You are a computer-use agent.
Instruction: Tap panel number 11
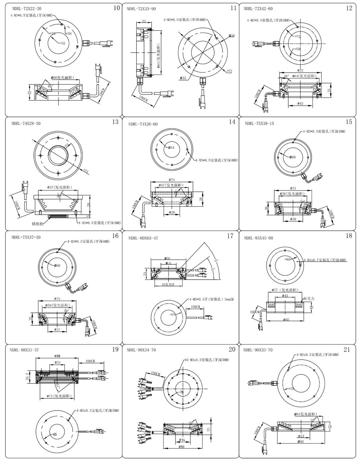point(233,8)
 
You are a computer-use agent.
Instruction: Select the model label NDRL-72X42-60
point(258,9)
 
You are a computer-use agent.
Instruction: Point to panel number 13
point(115,122)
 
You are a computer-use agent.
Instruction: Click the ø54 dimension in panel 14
point(171,147)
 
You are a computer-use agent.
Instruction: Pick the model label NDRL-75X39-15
point(259,124)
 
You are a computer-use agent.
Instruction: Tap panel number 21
point(347,349)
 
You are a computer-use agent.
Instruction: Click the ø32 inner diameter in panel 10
point(62,43)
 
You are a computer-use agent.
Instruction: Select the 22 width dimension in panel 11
point(144,21)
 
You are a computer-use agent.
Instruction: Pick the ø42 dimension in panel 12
point(300,104)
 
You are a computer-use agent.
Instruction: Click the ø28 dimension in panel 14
point(172,212)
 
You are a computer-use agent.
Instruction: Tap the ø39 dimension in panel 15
point(293,219)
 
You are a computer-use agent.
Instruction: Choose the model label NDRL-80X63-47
point(143,238)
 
